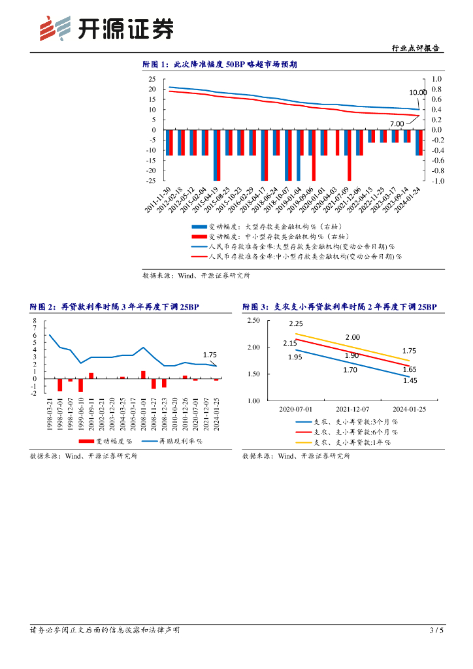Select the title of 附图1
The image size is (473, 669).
pos(220,65)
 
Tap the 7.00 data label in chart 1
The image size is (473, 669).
pos(397,123)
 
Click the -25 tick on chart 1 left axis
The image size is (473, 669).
pos(151,181)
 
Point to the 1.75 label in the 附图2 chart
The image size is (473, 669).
pos(210,355)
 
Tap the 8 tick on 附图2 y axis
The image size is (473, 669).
pos(36,321)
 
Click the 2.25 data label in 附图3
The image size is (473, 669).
pos(295,324)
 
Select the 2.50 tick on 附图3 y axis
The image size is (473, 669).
pos(253,320)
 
